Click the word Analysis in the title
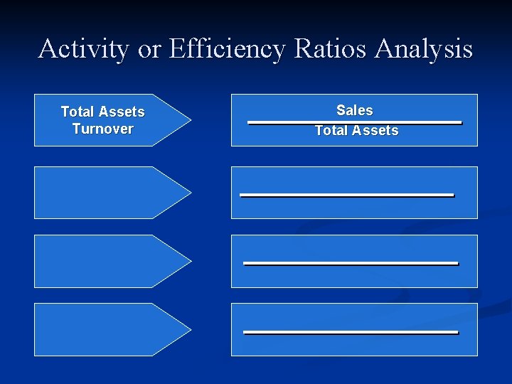pyautogui.click(x=424, y=49)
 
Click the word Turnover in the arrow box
pyautogui.click(x=102, y=129)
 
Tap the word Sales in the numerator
pyautogui.click(x=354, y=110)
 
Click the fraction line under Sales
pyautogui.click(x=354, y=122)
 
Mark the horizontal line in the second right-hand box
pyautogui.click(x=347, y=194)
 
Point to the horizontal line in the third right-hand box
pyautogui.click(x=351, y=263)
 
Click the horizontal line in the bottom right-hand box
pyautogui.click(x=351, y=331)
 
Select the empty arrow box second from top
pyautogui.click(x=100, y=192)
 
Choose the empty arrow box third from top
pyautogui.click(x=100, y=261)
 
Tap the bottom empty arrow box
pyautogui.click(x=100, y=329)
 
